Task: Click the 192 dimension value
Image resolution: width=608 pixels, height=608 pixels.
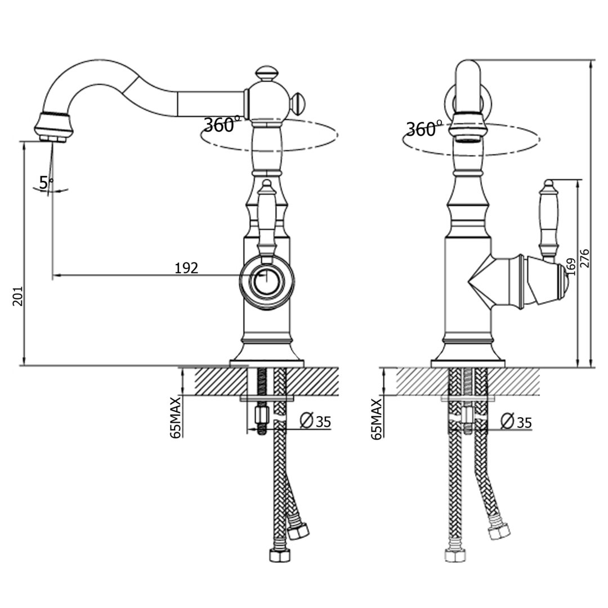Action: [x=186, y=268]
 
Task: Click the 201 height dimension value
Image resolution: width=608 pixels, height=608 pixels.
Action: [x=18, y=296]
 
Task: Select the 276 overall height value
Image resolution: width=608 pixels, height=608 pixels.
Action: [x=585, y=258]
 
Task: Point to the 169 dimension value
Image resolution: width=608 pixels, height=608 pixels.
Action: [x=570, y=267]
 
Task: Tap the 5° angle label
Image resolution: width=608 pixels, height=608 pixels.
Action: [x=46, y=182]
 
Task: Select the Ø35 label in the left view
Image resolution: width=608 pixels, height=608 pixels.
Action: [x=316, y=421]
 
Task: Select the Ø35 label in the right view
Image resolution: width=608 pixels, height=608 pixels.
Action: [x=516, y=422]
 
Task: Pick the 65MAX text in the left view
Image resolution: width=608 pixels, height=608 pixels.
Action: [x=176, y=417]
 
